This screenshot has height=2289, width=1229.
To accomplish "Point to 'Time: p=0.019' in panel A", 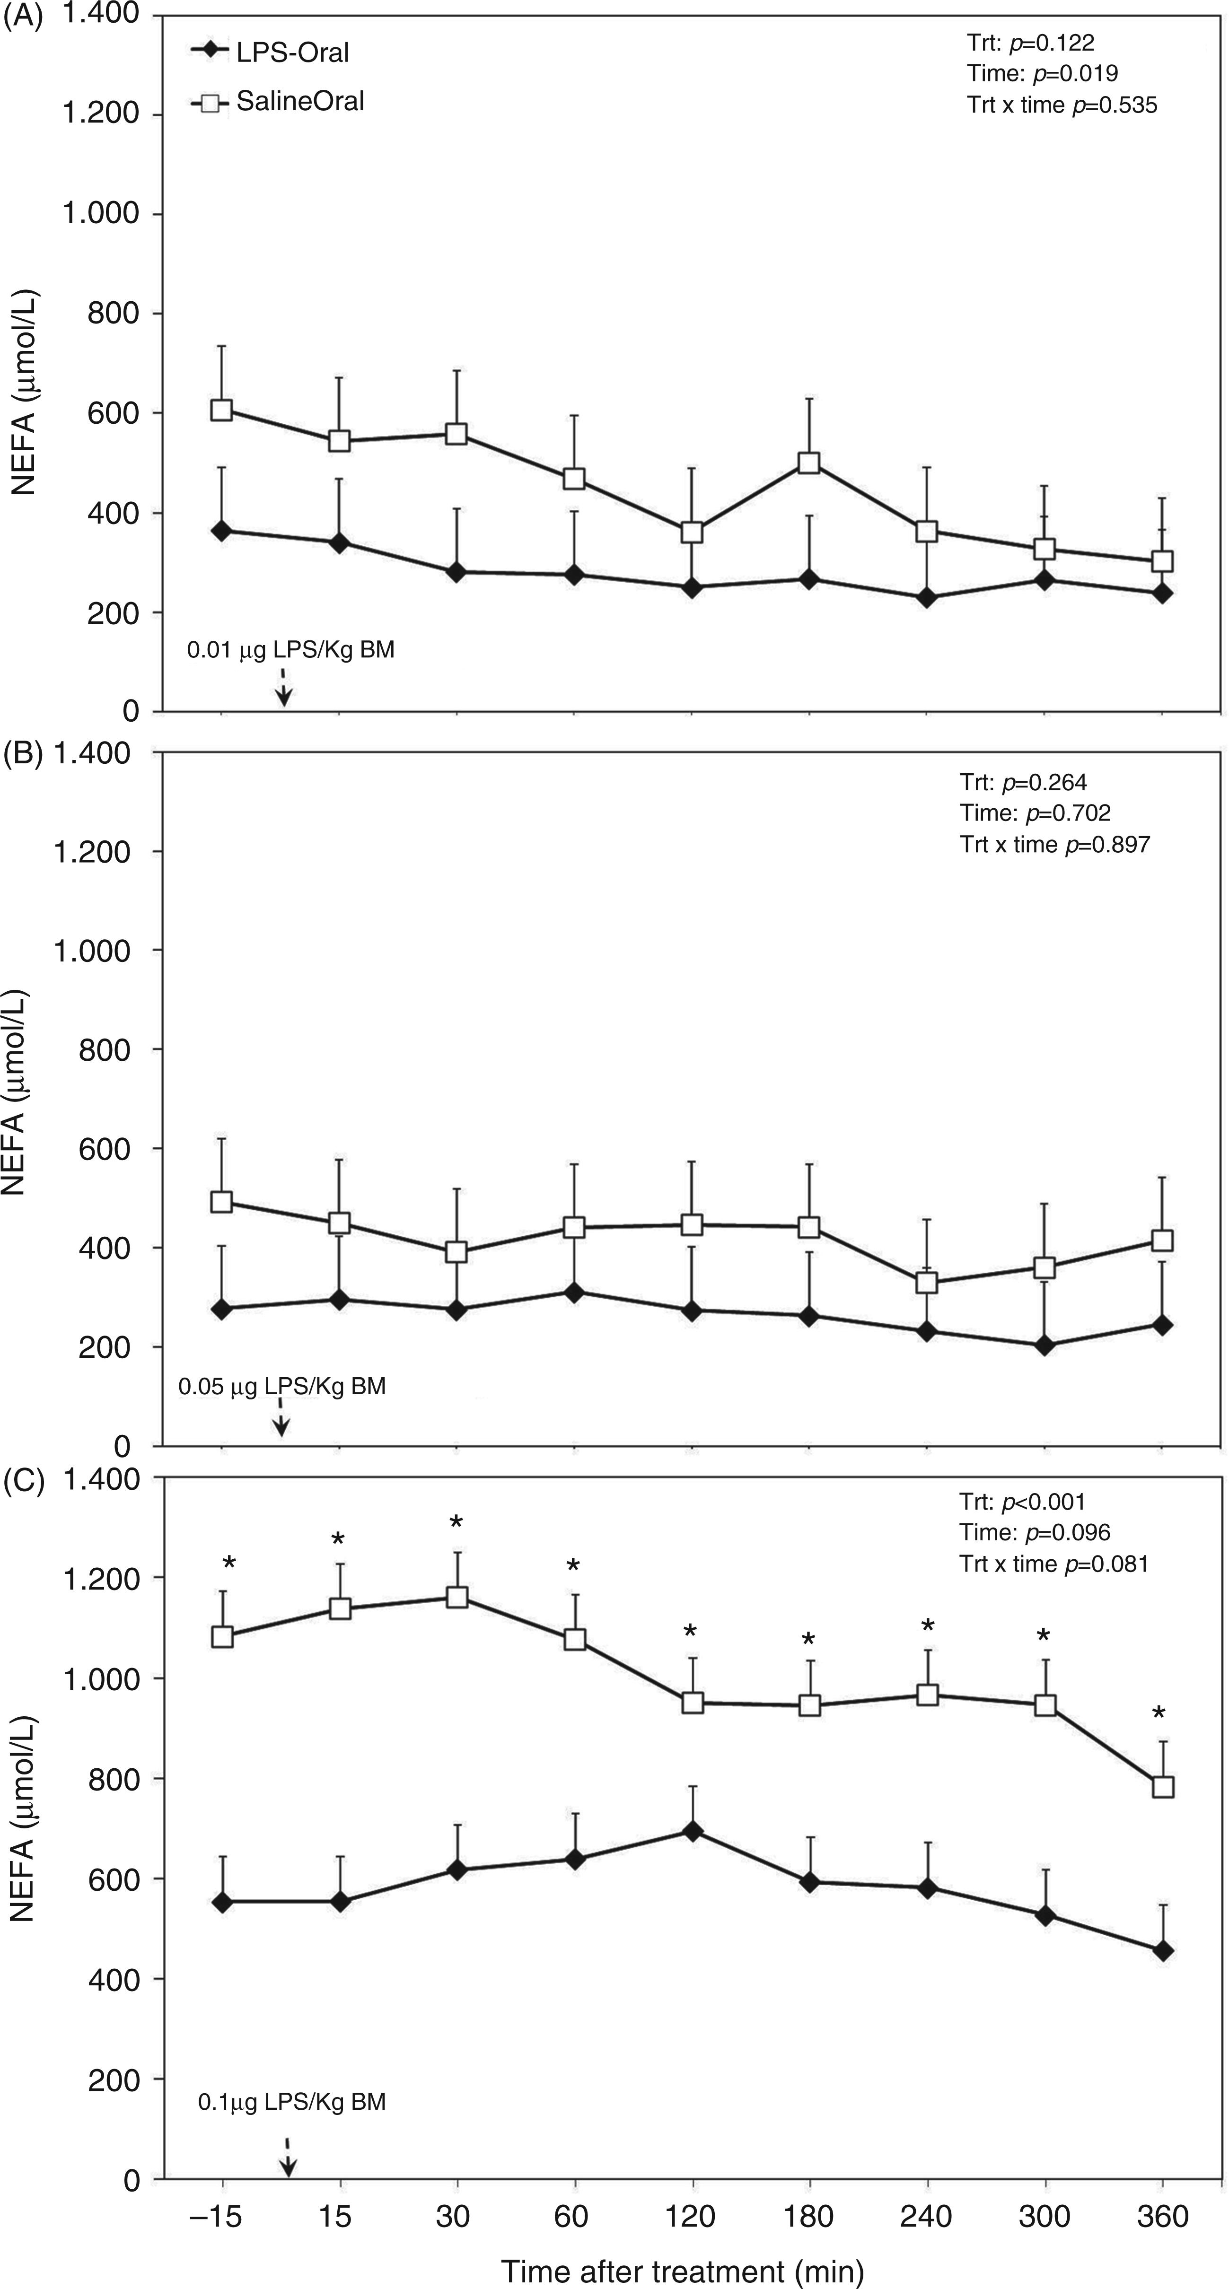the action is [x=1043, y=74].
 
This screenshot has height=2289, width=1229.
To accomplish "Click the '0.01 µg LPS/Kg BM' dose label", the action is [x=290, y=649].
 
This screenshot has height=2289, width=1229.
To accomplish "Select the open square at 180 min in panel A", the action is [x=808, y=463].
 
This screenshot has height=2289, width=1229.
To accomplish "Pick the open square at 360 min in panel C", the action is [x=1162, y=1787].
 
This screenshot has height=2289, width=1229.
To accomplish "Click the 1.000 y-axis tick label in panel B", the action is [x=92, y=951].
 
